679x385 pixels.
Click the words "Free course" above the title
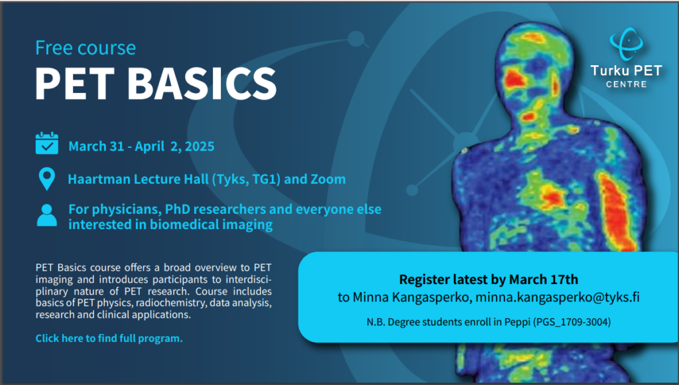[85, 48]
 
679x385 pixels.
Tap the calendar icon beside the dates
[46, 144]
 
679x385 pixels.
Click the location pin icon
[46, 179]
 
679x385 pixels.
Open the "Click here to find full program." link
[109, 339]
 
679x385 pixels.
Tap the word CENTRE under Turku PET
[626, 84]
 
